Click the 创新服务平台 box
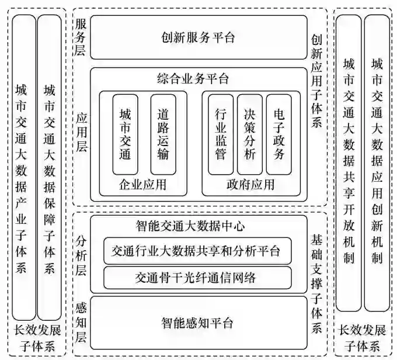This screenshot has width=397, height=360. [x=198, y=38]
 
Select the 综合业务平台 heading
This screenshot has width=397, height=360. [x=193, y=78]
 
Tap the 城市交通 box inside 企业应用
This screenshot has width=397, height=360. [x=125, y=134]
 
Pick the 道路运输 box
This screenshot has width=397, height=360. [x=163, y=134]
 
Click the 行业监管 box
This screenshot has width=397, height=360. [x=220, y=134]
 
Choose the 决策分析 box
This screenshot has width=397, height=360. [x=249, y=134]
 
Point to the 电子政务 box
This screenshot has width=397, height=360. [x=278, y=134]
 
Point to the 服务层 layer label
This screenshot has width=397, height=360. [x=81, y=37]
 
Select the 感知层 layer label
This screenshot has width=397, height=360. [x=81, y=321]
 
